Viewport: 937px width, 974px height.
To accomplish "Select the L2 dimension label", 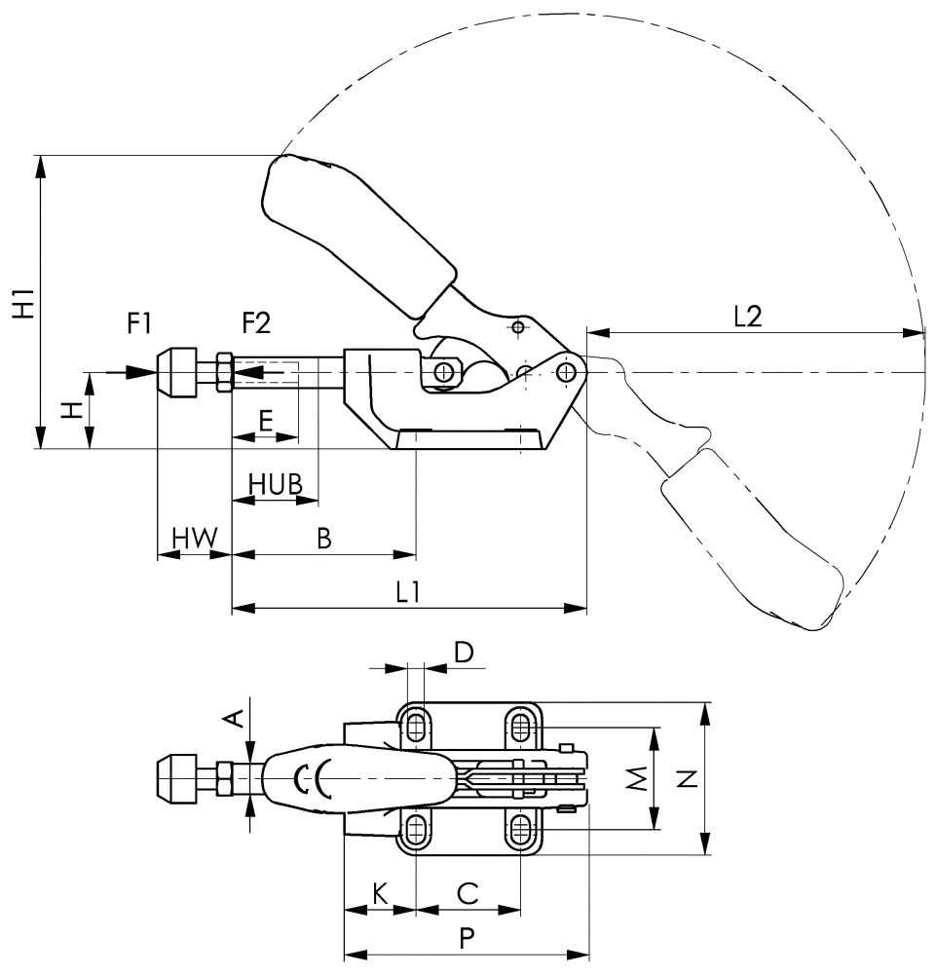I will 746,317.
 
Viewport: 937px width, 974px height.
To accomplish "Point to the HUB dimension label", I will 275,483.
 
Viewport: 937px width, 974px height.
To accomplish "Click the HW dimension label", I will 194,537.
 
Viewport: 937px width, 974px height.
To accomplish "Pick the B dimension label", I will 325,537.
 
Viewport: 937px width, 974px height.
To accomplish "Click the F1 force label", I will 141,321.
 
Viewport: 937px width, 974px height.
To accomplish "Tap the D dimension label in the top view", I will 465,652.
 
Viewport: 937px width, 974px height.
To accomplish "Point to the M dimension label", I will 636,778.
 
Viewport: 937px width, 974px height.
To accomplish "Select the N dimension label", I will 687,778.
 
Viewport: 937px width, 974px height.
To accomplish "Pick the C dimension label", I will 468,891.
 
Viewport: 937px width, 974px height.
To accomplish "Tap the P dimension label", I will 467,938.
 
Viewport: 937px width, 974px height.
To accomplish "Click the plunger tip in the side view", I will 174,372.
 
